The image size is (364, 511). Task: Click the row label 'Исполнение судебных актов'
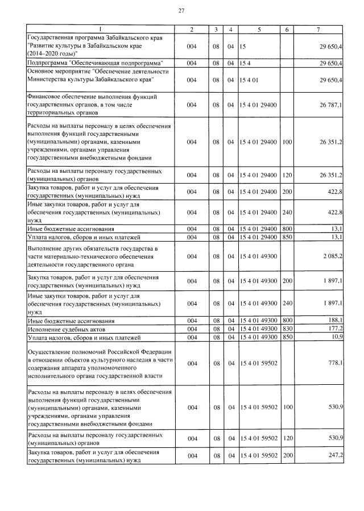pos(64,329)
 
